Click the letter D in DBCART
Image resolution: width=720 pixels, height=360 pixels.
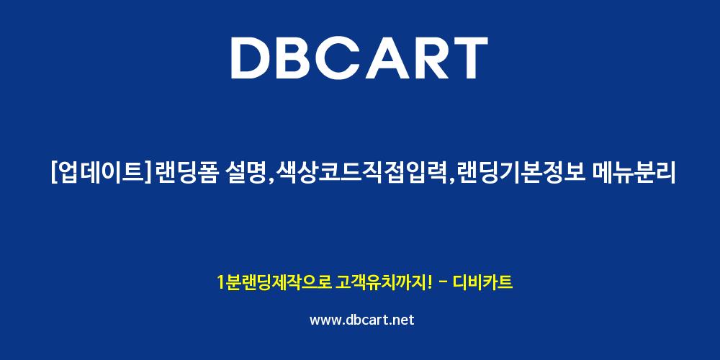tap(251, 58)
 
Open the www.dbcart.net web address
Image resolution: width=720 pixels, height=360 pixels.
tap(362, 320)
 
